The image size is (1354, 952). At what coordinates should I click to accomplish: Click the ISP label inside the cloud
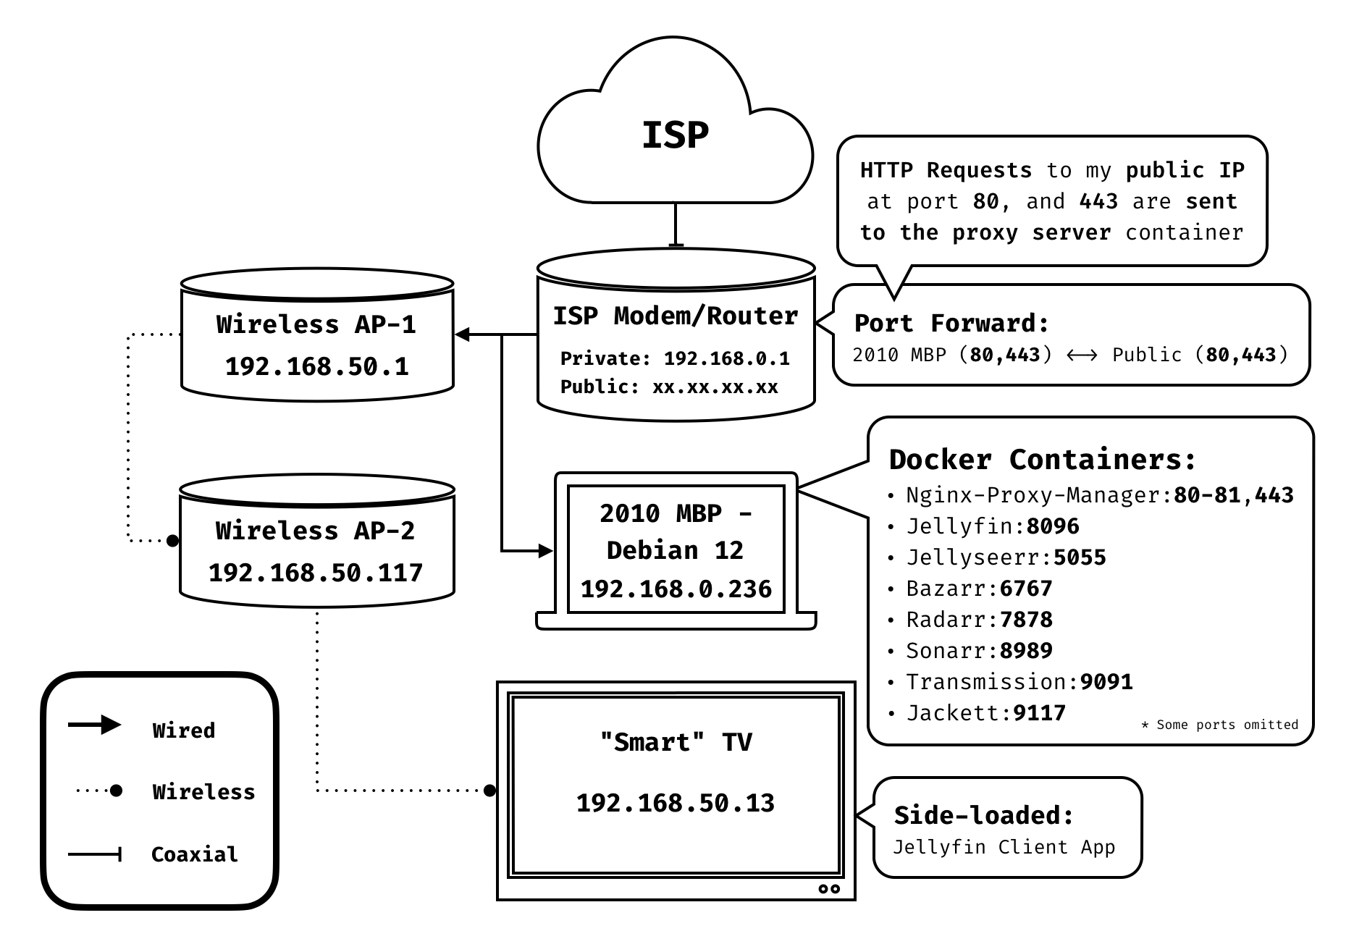coord(675,135)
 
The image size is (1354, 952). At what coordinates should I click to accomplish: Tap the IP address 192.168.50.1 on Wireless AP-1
coord(316,366)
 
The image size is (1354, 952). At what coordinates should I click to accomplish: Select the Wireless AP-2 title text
coord(315,531)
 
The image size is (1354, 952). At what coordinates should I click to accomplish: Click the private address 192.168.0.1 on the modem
coord(726,358)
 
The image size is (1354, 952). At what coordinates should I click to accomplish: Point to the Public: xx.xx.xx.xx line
coord(669,387)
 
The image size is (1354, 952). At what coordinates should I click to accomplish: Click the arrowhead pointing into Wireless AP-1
coord(463,334)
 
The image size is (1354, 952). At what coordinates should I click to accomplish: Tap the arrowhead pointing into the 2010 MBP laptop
coord(546,551)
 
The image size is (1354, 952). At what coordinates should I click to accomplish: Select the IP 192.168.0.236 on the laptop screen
coord(676,589)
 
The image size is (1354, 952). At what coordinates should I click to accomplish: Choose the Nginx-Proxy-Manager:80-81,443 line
coord(1099,495)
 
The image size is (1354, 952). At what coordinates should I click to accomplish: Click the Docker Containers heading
coord(1042,460)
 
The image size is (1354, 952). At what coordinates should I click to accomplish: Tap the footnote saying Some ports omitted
coord(1219,725)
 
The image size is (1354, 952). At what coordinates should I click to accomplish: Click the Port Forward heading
coord(951,323)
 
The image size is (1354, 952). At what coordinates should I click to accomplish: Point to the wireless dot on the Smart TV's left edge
coord(490,790)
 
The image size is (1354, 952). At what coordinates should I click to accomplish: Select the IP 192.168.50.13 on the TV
coord(675,803)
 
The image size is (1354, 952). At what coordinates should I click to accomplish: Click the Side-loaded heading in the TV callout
coord(983,815)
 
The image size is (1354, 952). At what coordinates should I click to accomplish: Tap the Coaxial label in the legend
coord(194,854)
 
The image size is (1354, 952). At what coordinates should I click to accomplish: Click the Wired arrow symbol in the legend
coord(95,725)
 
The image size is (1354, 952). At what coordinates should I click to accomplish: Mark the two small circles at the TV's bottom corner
coord(829,888)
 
